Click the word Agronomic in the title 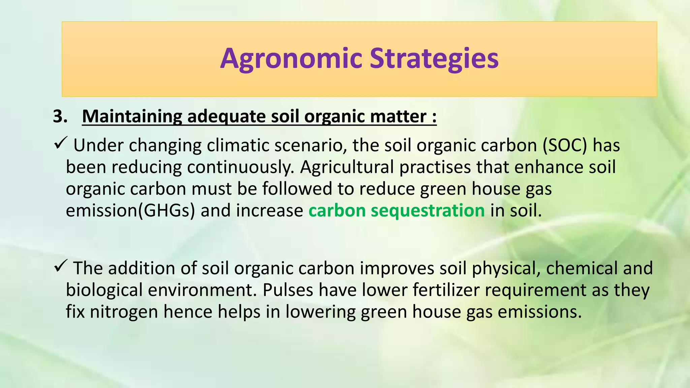coord(291,59)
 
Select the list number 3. coord(60,117)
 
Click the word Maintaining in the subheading coord(132,117)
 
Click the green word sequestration coord(428,211)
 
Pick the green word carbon coord(337,211)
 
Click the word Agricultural coord(347,167)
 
